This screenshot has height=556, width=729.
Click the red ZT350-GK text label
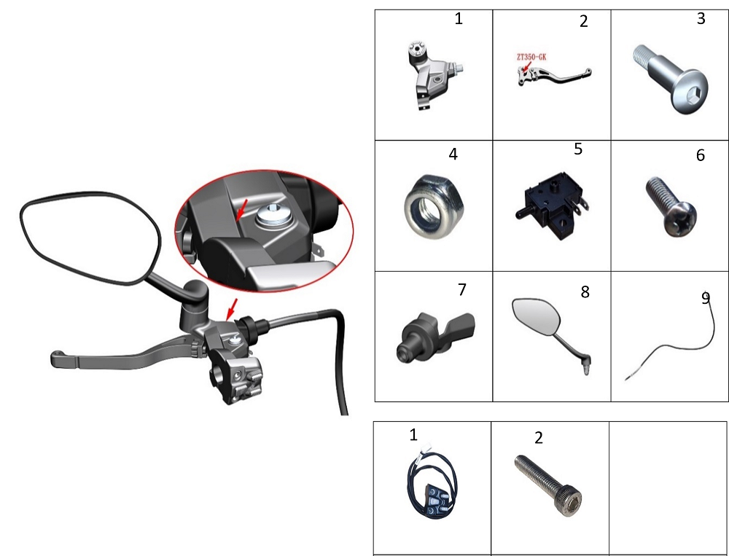[531, 57]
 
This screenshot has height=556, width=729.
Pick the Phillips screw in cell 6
[671, 206]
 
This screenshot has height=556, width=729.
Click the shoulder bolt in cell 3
[670, 78]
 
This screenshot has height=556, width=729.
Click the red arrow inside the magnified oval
[241, 210]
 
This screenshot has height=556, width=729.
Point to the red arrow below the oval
[232, 309]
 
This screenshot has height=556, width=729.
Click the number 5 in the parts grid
[578, 149]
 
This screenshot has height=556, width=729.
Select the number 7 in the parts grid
[461, 289]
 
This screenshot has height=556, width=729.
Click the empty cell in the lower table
[668, 488]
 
